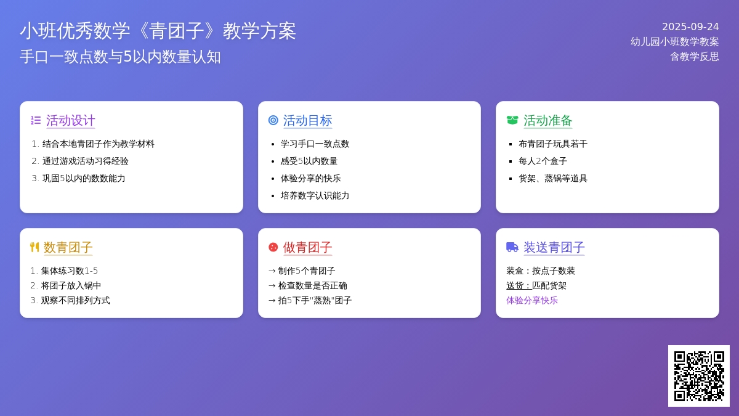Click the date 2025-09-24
[x=690, y=27]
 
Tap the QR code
[x=699, y=376]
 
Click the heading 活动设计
[x=71, y=121]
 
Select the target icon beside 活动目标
[x=273, y=120]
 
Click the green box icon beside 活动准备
[x=512, y=120]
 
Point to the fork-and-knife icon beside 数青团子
[x=34, y=247]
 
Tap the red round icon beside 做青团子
[x=273, y=247]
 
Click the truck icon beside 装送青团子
[x=512, y=247]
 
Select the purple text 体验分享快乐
[x=532, y=300]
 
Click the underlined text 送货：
[x=519, y=285]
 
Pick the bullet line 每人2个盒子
[x=543, y=161]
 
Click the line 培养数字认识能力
[x=315, y=195]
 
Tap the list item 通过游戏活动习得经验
[x=85, y=161]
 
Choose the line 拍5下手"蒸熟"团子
[x=315, y=300]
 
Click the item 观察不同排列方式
[x=75, y=300]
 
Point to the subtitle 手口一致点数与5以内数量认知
[x=120, y=57]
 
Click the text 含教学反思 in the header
[x=694, y=57]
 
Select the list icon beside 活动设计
[x=36, y=120]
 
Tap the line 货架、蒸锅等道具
[x=553, y=178]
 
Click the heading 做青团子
[x=307, y=247]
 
